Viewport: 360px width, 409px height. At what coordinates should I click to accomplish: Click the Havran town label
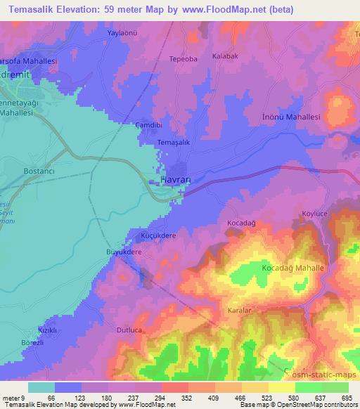tap(177, 180)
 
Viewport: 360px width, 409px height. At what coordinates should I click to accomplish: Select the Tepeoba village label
tap(182, 59)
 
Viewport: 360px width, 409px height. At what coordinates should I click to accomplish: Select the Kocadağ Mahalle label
tap(292, 269)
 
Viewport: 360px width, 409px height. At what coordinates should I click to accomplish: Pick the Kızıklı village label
tap(47, 330)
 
